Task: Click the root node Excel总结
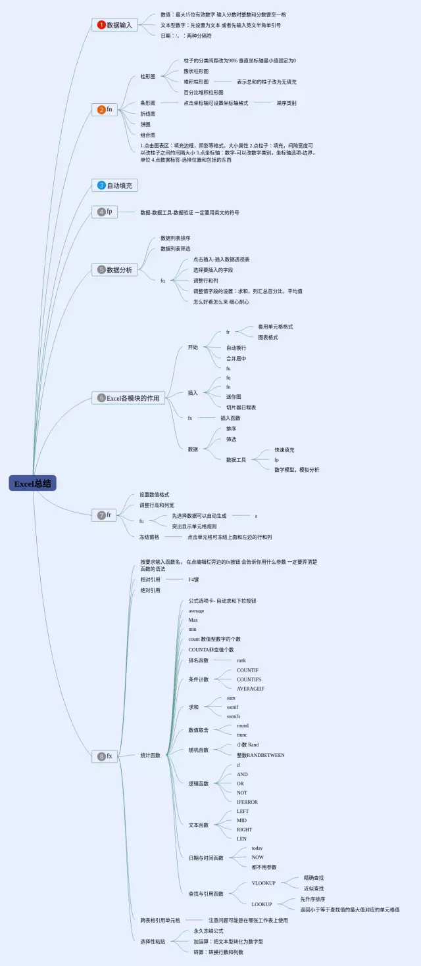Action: coord(33,484)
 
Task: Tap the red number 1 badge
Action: coord(101,25)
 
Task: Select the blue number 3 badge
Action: coord(101,185)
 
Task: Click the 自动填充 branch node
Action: coord(120,185)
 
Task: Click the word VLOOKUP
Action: coord(263,883)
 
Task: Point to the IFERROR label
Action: coord(247,802)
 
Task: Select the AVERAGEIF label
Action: coord(251,688)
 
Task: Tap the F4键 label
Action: coord(193,580)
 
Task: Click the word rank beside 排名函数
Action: coord(241,660)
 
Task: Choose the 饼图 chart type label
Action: coord(145,124)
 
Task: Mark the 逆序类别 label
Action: coord(286,103)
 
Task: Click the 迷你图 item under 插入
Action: coord(234,396)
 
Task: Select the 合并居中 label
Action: coord(236,358)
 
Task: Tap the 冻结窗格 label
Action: coord(149,537)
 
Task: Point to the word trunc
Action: coord(242,735)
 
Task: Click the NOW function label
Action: coord(257,857)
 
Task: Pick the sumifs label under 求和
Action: coord(234,716)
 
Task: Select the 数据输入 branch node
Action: coord(119,25)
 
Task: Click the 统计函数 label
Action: coord(150,755)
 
